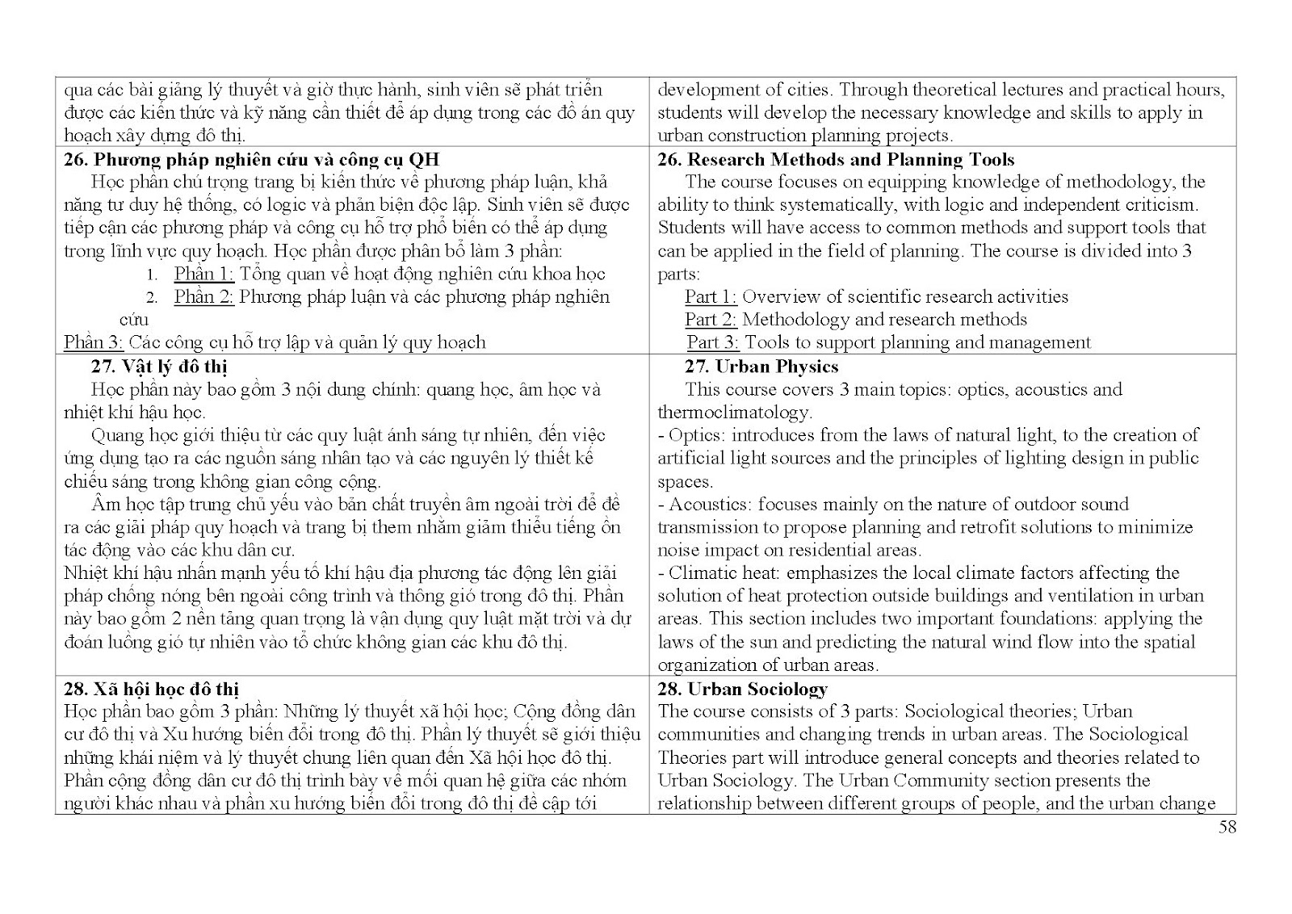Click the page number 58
point(1227,827)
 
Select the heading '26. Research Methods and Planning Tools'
point(836,159)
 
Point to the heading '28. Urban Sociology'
point(742,689)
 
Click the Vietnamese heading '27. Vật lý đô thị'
point(159,367)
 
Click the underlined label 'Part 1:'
point(711,297)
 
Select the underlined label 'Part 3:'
point(713,342)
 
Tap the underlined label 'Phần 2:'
point(203,297)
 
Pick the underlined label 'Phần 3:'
point(93,342)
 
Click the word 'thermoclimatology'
point(732,413)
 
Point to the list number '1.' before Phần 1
point(152,275)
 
